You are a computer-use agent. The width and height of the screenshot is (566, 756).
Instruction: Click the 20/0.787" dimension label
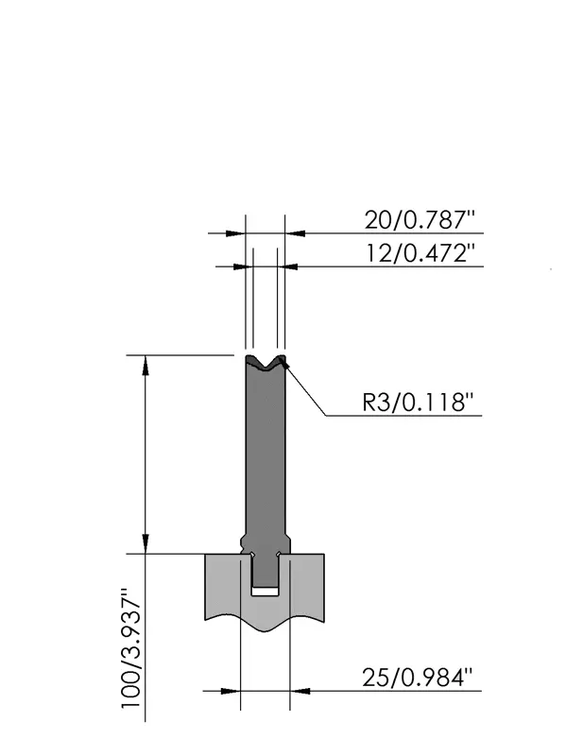[x=420, y=220]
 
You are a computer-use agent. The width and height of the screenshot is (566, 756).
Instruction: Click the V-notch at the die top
[x=266, y=363]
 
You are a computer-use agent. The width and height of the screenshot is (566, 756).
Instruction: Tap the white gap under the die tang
[x=266, y=592]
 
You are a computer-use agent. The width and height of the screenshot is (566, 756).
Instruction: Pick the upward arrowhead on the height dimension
[x=146, y=366]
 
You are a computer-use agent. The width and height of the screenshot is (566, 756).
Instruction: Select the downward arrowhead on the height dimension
[x=146, y=543]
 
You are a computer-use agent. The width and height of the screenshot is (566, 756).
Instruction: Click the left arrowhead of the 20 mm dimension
[x=235, y=233]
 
